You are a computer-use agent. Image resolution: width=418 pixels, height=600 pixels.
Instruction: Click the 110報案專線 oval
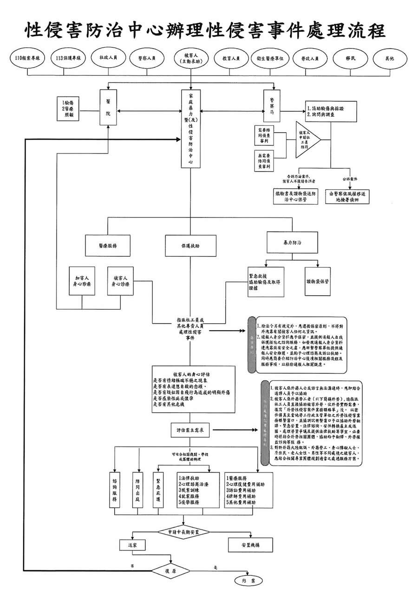(x=28, y=59)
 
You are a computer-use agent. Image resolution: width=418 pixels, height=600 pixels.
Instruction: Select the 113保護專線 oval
(x=68, y=59)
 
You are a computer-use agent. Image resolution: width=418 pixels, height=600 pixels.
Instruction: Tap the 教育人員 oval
(x=231, y=59)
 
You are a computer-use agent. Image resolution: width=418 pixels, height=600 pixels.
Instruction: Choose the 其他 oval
(x=389, y=59)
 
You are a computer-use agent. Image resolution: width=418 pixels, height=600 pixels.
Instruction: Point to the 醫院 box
(x=108, y=108)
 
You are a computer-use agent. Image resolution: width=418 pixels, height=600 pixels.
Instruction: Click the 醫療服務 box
(x=107, y=246)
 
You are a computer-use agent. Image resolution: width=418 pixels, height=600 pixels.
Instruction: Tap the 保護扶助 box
(x=190, y=246)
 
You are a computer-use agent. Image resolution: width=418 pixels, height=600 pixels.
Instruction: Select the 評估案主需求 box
(x=190, y=430)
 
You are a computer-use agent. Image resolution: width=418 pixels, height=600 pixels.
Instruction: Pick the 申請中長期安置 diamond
(x=183, y=532)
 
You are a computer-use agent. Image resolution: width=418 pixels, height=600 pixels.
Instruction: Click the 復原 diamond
(x=170, y=572)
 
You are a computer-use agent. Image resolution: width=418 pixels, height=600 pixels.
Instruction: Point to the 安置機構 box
(x=250, y=545)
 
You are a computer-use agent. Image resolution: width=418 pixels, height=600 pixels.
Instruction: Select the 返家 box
(x=132, y=545)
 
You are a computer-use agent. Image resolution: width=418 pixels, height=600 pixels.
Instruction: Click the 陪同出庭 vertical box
(x=137, y=490)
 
